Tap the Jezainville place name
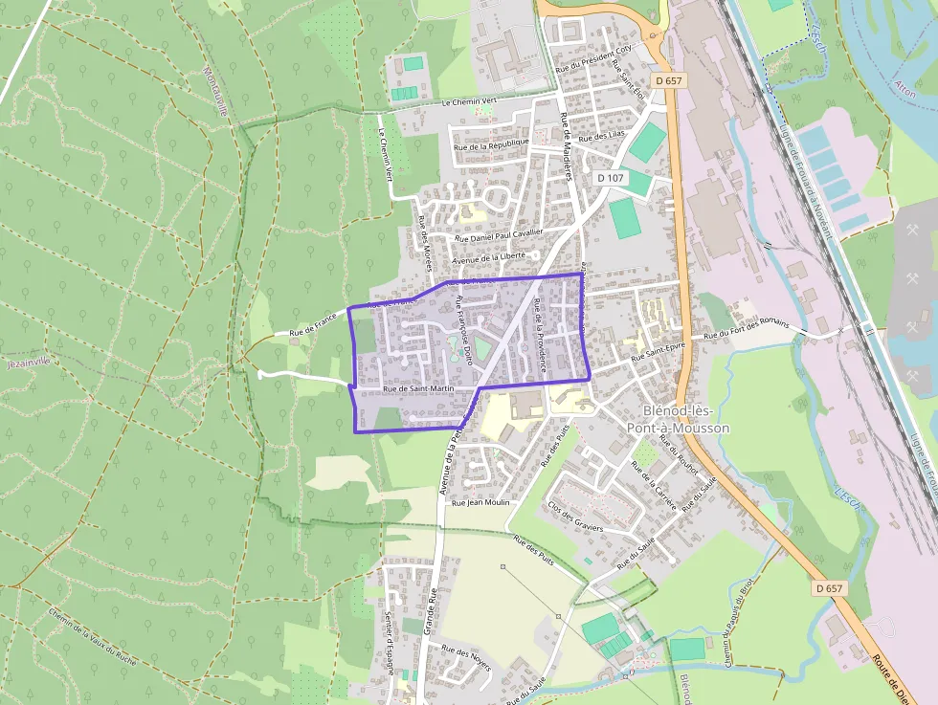coord(33,364)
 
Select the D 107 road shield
coord(610,178)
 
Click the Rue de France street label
coord(312,320)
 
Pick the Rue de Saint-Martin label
coord(418,389)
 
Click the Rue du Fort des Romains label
coord(747,330)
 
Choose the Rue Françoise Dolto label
coord(462,332)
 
